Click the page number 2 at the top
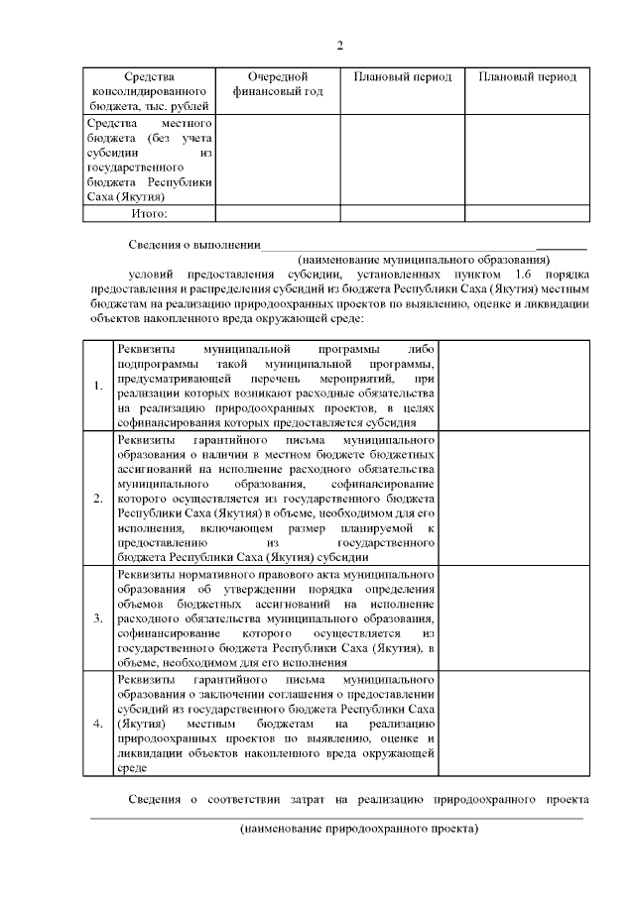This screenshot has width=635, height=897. click(x=339, y=46)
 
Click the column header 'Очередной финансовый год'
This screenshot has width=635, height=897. click(x=278, y=84)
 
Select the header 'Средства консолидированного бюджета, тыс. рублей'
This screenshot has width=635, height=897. click(x=149, y=90)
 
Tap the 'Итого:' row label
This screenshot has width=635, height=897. click(x=149, y=212)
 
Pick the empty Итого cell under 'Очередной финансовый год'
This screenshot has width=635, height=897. click(x=278, y=212)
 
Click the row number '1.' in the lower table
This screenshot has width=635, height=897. click(x=97, y=386)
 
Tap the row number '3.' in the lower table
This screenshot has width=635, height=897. click(x=97, y=618)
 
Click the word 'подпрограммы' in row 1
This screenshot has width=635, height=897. click(x=152, y=364)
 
